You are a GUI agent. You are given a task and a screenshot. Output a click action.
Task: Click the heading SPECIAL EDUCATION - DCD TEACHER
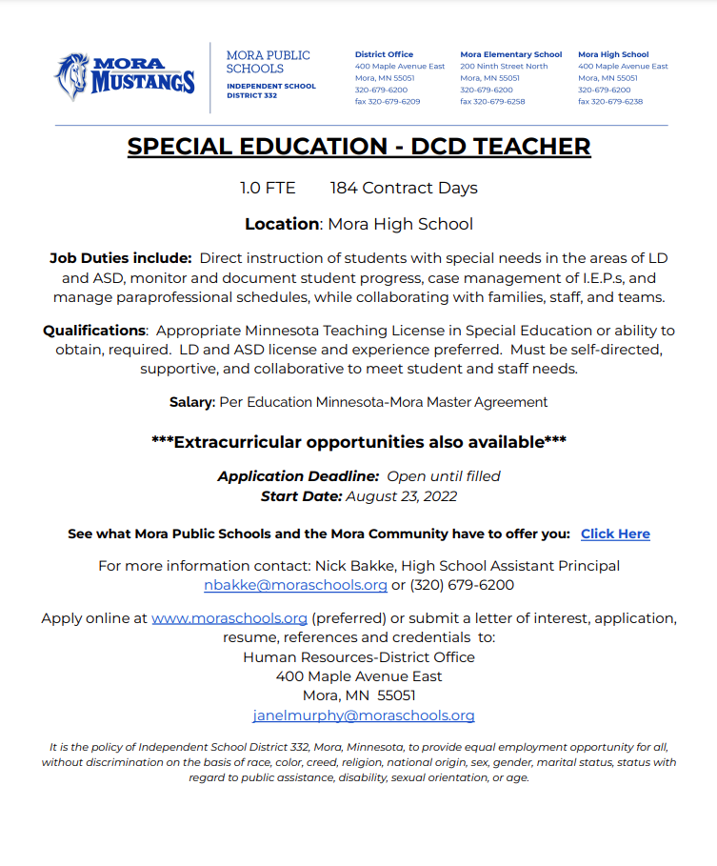tap(359, 147)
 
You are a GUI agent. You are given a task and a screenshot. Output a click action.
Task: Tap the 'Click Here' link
tap(615, 534)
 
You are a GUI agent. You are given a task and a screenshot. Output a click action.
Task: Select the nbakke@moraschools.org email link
tap(295, 585)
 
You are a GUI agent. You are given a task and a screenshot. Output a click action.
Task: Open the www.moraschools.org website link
tap(229, 618)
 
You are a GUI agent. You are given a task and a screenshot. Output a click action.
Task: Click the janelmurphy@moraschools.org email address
tap(363, 715)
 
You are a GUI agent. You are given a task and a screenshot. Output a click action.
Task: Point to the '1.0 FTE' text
tap(268, 189)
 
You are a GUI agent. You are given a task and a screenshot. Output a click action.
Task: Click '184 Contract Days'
tap(404, 189)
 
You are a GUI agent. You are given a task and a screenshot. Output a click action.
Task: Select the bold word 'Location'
tap(282, 225)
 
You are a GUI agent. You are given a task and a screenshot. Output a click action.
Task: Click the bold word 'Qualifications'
tap(94, 331)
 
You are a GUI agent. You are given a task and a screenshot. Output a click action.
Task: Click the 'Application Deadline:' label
tap(298, 476)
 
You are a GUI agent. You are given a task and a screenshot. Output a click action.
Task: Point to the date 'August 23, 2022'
tap(401, 496)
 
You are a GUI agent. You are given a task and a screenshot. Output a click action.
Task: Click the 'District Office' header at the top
tap(384, 55)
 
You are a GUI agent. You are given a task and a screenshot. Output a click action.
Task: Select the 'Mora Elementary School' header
tap(510, 55)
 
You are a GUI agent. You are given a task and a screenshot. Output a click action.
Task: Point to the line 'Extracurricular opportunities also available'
tap(359, 442)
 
